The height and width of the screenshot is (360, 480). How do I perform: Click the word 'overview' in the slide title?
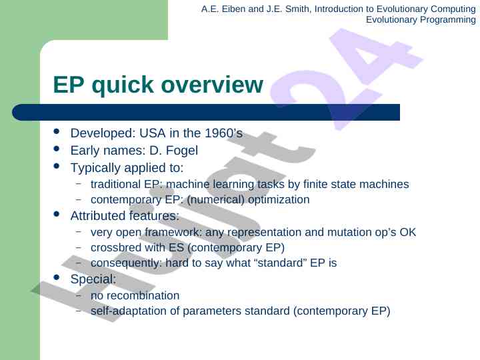click(x=212, y=85)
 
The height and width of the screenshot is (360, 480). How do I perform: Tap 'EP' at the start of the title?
click(x=69, y=85)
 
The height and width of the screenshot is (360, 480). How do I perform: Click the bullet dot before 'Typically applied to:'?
click(x=56, y=166)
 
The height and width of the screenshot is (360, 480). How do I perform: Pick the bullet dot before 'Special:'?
click(x=56, y=277)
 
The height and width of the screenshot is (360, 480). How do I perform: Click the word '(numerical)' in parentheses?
click(x=216, y=200)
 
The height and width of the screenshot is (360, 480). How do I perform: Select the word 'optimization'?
click(x=279, y=200)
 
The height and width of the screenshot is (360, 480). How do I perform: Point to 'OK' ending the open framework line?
click(x=408, y=233)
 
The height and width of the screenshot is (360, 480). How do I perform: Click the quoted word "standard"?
click(x=280, y=263)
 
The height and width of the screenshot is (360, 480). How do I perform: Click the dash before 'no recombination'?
click(x=79, y=295)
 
